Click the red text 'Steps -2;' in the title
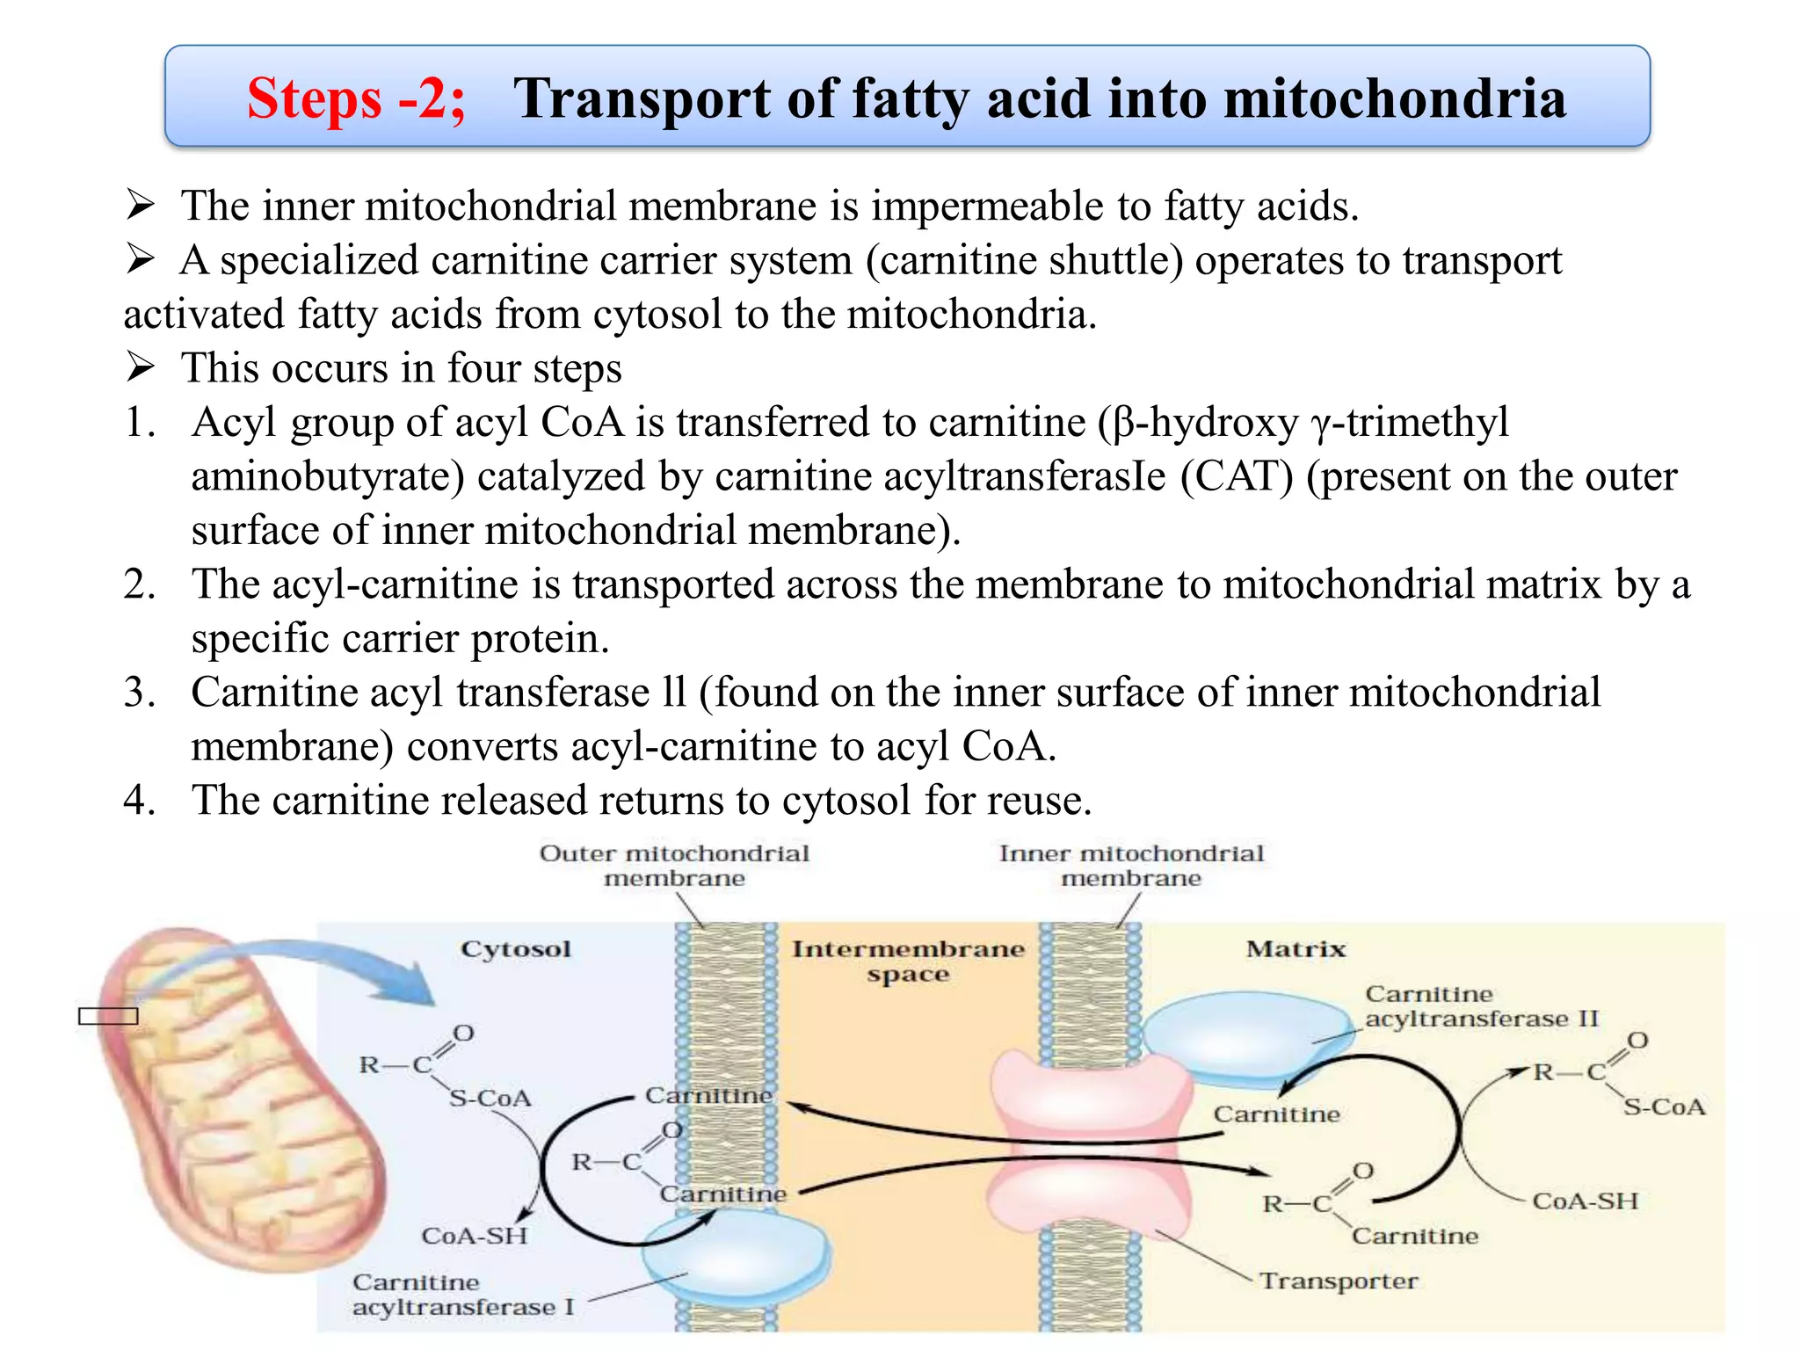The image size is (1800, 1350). point(356,98)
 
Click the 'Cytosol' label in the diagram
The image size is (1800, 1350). point(516,949)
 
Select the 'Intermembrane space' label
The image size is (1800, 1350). point(908,961)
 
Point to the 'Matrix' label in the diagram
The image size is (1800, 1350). point(1296,949)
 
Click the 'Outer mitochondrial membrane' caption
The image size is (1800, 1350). point(674,866)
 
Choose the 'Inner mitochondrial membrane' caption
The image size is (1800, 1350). point(1131,866)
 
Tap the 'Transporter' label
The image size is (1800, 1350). point(1339,1281)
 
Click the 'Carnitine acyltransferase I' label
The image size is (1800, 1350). point(463,1295)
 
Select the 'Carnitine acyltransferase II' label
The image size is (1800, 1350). point(1481,1006)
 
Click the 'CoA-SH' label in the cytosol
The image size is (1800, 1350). point(475,1236)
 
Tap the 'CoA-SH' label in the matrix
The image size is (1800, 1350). point(1585,1201)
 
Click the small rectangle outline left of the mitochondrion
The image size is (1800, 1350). point(108,1016)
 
